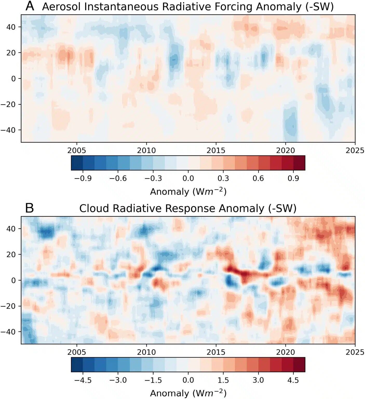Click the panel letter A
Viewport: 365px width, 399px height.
(x=30, y=6)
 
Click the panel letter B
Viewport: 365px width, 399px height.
(x=29, y=208)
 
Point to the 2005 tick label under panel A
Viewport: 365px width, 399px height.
(x=77, y=150)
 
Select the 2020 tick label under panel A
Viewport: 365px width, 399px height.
(x=285, y=150)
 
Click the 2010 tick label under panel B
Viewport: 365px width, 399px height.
(x=146, y=352)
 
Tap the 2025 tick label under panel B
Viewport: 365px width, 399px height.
(x=355, y=352)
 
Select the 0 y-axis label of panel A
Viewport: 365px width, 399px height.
(x=13, y=78)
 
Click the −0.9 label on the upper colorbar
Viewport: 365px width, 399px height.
(x=83, y=178)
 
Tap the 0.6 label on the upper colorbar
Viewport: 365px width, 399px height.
(x=258, y=178)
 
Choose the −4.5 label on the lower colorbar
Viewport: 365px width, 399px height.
(x=83, y=380)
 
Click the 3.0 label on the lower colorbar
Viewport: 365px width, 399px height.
(x=258, y=380)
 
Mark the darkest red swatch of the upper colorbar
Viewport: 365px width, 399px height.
(x=299, y=163)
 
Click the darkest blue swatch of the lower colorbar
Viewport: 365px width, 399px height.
(x=77, y=365)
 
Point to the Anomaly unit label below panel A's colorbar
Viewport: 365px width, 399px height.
(x=188, y=192)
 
